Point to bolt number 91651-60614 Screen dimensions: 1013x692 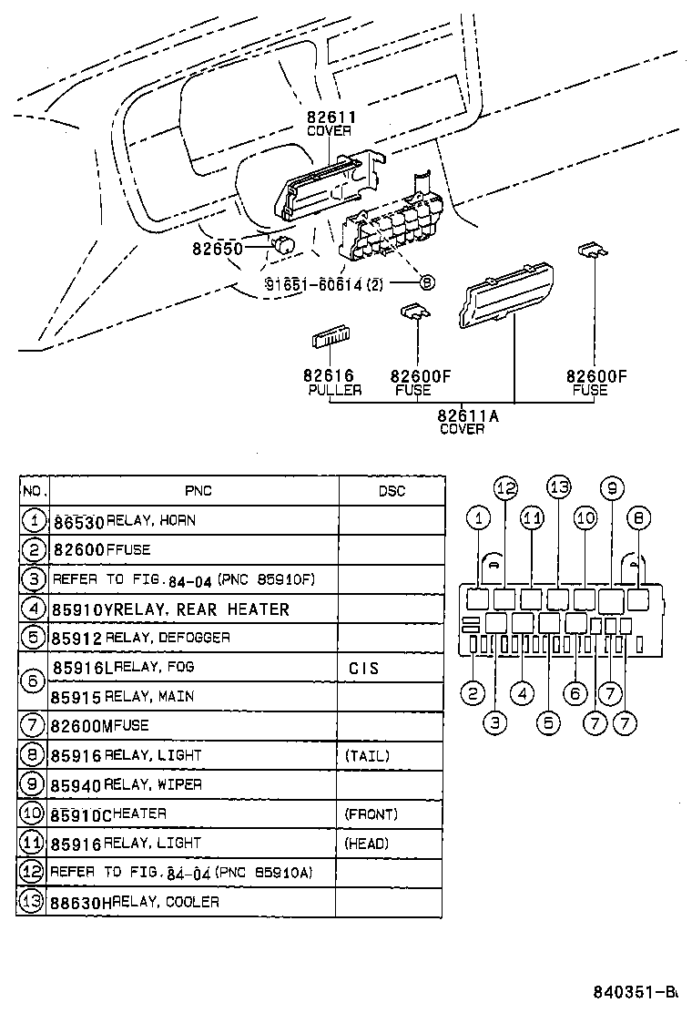[x=313, y=284]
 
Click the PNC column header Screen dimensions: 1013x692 [x=198, y=491]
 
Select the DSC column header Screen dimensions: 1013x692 [x=392, y=491]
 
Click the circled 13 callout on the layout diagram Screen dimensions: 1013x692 [x=558, y=486]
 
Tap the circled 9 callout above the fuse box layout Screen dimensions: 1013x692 [x=612, y=488]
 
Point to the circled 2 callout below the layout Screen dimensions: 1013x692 [x=472, y=694]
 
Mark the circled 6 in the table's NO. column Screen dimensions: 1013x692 [x=32, y=681]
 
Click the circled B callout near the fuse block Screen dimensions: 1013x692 [x=426, y=283]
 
